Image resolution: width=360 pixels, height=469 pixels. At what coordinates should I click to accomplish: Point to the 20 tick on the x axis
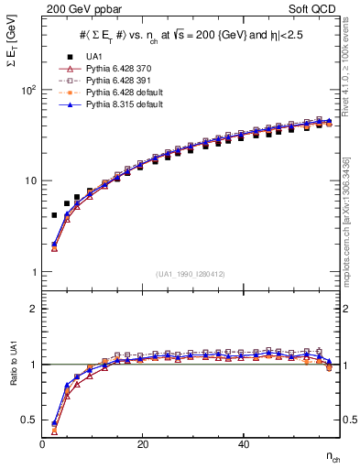point(142,443)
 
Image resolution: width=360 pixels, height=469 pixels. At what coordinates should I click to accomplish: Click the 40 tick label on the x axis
point(243,443)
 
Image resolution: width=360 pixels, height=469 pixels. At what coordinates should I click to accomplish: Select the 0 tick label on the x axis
point(42,443)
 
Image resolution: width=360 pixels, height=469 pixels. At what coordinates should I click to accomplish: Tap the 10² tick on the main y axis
point(27,91)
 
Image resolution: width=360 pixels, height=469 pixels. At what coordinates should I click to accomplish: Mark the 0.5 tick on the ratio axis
point(28,420)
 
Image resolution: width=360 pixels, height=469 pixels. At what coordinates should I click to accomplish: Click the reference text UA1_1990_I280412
point(191,274)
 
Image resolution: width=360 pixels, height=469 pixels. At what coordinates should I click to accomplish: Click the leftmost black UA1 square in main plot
point(54,215)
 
